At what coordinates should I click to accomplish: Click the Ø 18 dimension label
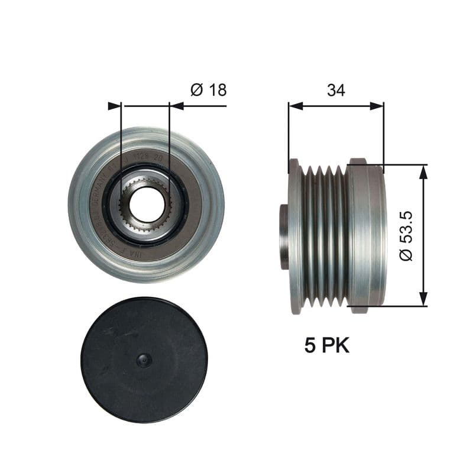(x=208, y=90)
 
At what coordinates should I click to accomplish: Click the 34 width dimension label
(x=336, y=90)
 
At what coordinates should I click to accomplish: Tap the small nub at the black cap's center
(x=144, y=360)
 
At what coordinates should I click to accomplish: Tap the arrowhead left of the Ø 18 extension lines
(x=114, y=106)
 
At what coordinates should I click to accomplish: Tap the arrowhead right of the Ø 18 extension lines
(x=176, y=106)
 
